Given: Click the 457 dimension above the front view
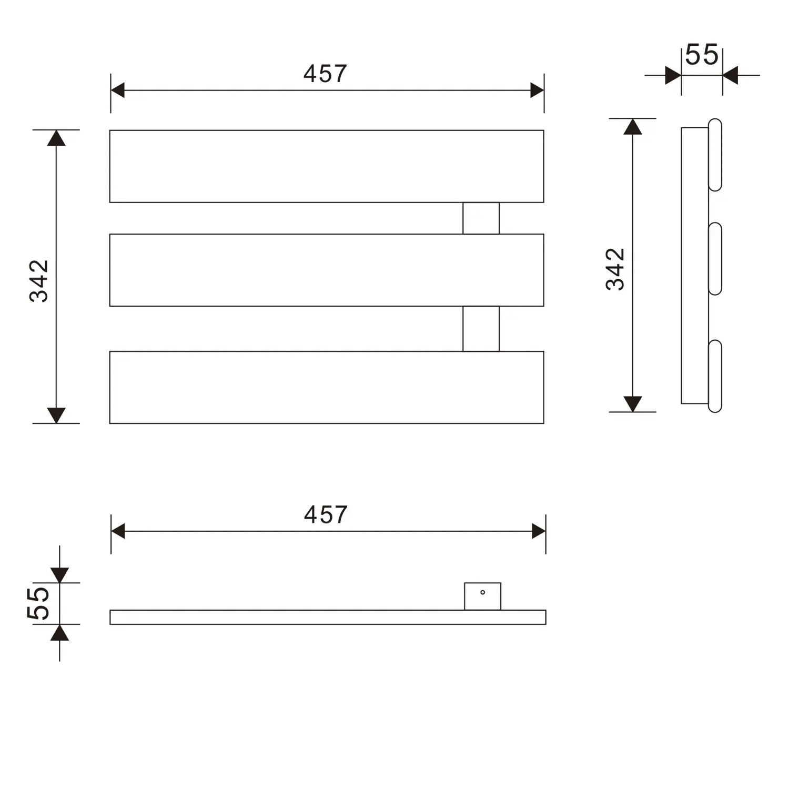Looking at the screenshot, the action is click(x=325, y=74).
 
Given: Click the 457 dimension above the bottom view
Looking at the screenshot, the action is click(x=326, y=515).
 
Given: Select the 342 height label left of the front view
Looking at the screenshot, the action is click(x=39, y=281).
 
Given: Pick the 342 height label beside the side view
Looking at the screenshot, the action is click(x=615, y=269).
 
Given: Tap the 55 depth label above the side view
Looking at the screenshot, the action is click(x=702, y=55).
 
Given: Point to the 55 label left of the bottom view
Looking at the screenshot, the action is click(x=38, y=603).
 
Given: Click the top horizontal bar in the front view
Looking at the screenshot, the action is click(x=327, y=166).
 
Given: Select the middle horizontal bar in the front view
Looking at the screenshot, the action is click(x=327, y=270).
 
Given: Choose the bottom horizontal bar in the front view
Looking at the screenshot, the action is click(x=327, y=387).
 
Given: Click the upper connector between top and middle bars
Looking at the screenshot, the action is click(x=481, y=218).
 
